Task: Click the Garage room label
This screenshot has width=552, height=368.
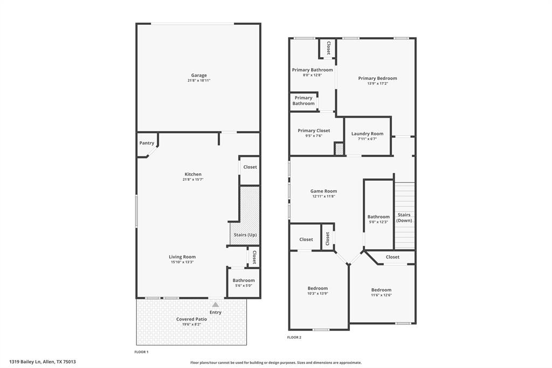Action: click(198, 76)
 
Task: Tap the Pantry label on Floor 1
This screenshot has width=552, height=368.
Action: click(147, 143)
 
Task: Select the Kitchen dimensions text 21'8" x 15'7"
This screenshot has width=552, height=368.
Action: click(193, 180)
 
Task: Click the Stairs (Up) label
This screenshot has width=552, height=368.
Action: click(245, 235)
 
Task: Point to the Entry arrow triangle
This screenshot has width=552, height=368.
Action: click(216, 305)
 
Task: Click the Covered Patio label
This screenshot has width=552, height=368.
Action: click(191, 319)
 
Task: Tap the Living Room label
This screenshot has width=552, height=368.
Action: click(182, 257)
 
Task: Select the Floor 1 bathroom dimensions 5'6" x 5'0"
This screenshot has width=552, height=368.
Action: click(244, 285)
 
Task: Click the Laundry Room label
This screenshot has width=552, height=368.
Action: click(367, 134)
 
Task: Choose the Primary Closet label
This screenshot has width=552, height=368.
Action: click(314, 131)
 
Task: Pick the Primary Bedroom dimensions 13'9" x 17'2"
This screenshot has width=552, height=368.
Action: click(377, 84)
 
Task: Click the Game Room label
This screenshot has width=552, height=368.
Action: click(323, 191)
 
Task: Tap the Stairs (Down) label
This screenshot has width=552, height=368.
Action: click(404, 217)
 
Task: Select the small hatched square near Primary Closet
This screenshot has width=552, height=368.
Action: click(339, 149)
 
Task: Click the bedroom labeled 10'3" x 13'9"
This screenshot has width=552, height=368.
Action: click(318, 288)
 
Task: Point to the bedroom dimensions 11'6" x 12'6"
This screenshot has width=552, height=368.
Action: click(381, 295)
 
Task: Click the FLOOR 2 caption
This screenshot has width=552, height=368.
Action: click(294, 337)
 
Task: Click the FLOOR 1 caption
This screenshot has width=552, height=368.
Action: click(141, 352)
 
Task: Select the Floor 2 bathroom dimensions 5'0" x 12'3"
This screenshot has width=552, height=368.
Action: click(378, 222)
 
